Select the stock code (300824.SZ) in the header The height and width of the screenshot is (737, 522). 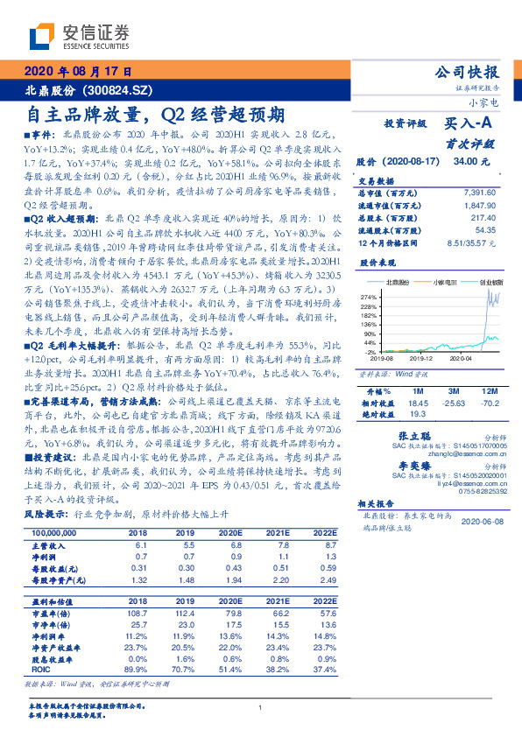[124, 91]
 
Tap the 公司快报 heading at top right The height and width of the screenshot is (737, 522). [467, 72]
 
